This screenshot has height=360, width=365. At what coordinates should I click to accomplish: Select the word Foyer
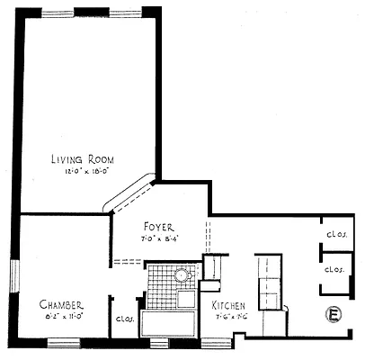pos(159,227)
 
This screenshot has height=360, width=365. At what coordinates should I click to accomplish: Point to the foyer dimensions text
pos(159,238)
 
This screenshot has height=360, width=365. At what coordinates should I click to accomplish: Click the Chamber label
pos(62,304)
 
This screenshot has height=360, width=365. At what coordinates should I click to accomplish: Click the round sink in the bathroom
pos(182,275)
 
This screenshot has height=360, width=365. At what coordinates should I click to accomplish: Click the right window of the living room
pos(125,13)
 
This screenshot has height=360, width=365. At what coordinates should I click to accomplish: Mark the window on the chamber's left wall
pos(13,278)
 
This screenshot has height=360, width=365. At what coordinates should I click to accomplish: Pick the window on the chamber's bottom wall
pos(66,342)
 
